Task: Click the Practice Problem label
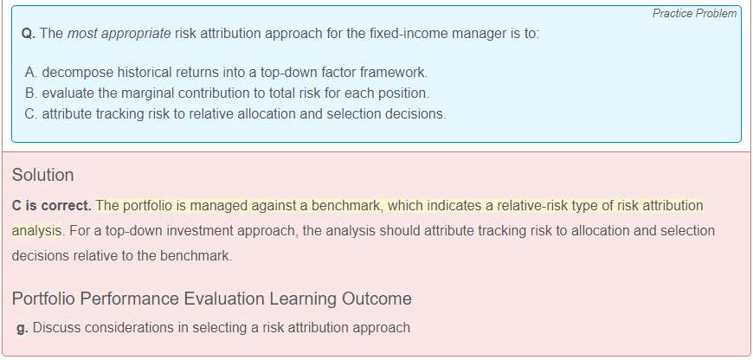pyautogui.click(x=694, y=14)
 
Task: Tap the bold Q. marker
pyautogui.click(x=29, y=34)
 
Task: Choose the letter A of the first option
pyautogui.click(x=31, y=73)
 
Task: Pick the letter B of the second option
pyautogui.click(x=31, y=93)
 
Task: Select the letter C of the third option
pyautogui.click(x=31, y=114)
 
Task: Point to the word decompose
pyautogui.click(x=78, y=73)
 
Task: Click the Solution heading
pyautogui.click(x=42, y=175)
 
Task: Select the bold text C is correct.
pyautogui.click(x=51, y=206)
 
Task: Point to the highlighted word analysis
pyautogui.click(x=36, y=231)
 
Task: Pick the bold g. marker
pyautogui.click(x=23, y=329)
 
